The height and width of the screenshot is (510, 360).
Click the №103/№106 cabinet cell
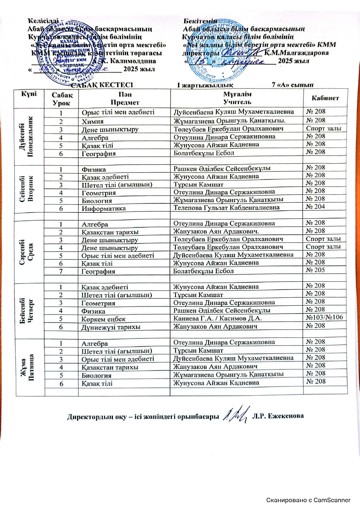coord(324,317)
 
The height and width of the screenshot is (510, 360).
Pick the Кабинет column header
coord(325,98)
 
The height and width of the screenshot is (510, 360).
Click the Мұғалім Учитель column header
coord(237,98)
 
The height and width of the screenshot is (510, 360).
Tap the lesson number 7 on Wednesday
coord(61,271)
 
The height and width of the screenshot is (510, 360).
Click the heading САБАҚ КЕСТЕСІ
coord(102,85)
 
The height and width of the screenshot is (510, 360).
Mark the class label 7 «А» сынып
coord(292,85)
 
